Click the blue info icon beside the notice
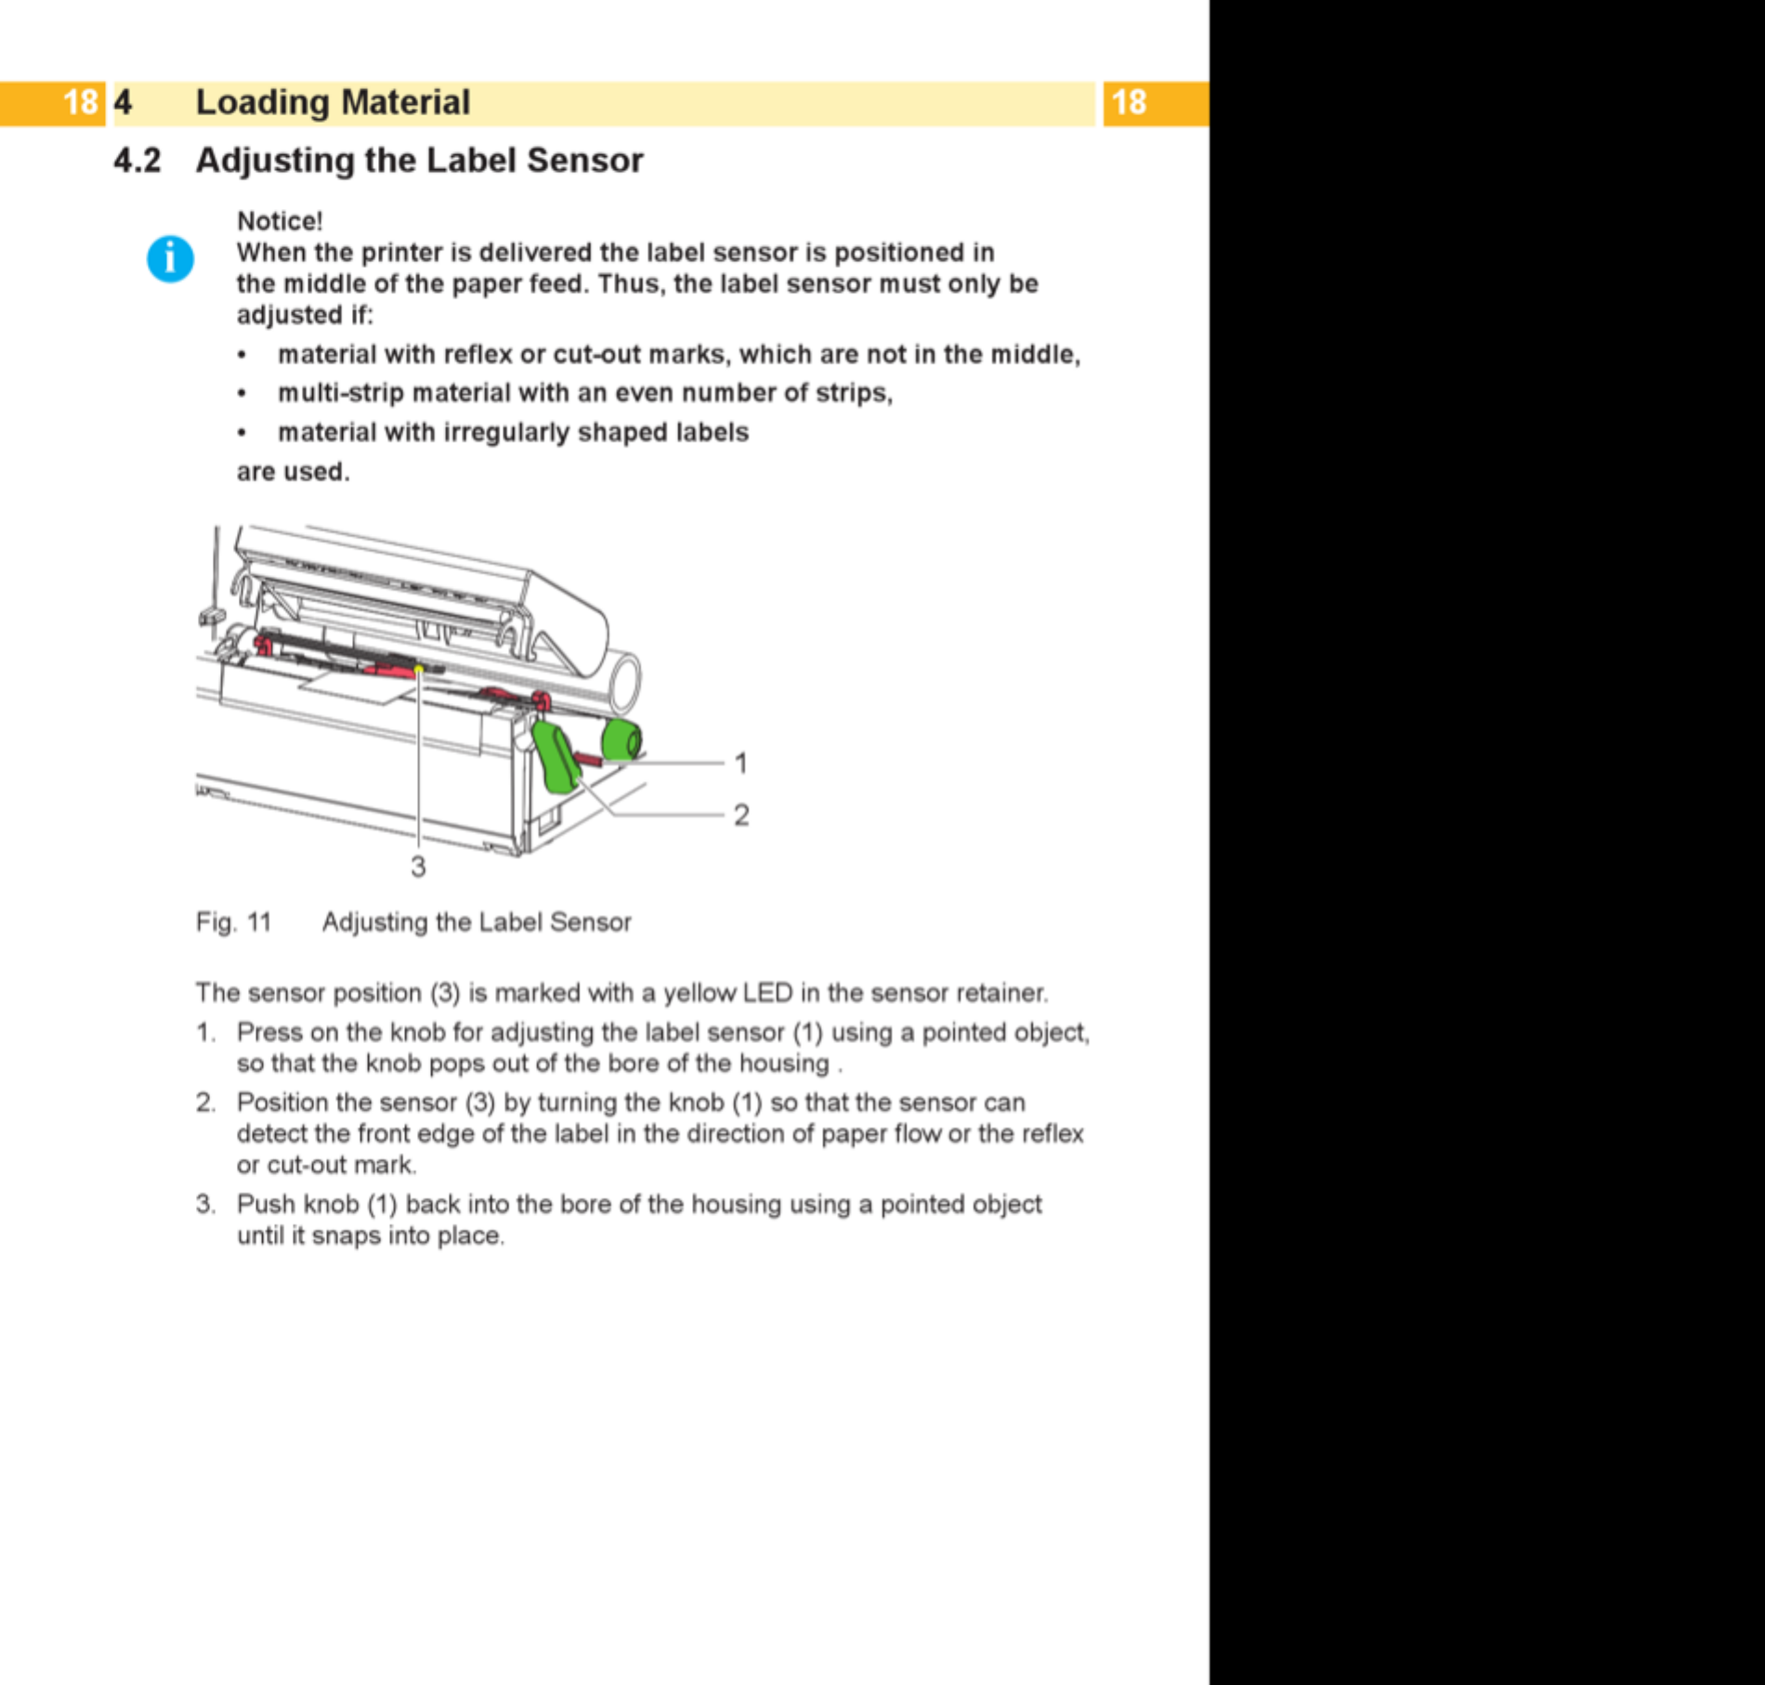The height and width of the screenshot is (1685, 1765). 170,259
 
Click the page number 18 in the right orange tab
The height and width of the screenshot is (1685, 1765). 1129,102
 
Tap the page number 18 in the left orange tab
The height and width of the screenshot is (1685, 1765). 80,102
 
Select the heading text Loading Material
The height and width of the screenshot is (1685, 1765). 333,102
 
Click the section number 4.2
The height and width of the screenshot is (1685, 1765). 137,161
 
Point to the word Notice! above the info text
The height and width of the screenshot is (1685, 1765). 280,221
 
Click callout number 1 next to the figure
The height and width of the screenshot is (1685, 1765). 740,764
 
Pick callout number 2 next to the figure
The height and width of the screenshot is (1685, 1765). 741,816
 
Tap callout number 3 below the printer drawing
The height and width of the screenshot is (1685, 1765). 418,867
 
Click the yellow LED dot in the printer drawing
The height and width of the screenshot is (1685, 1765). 419,669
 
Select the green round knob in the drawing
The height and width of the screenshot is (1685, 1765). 621,740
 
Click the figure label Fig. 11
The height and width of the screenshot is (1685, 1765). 233,922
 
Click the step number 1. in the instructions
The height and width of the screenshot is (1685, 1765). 205,1033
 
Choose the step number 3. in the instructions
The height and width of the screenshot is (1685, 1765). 205,1205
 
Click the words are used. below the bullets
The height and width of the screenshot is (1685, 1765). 293,472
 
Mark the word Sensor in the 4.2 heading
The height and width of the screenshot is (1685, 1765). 585,161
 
